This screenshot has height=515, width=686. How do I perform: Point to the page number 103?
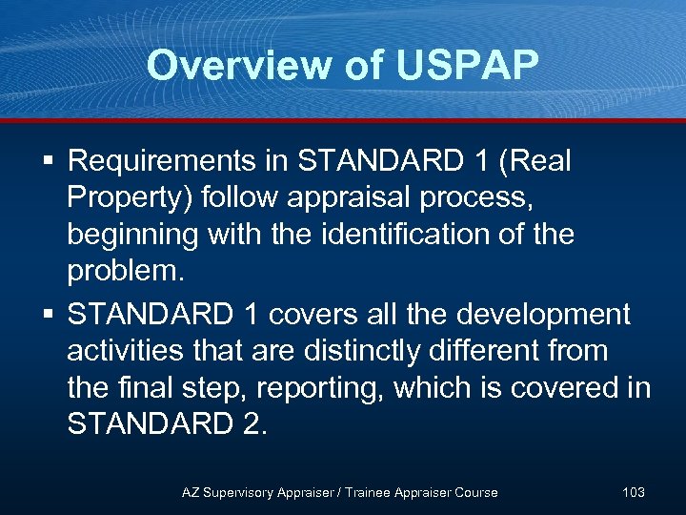click(633, 492)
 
